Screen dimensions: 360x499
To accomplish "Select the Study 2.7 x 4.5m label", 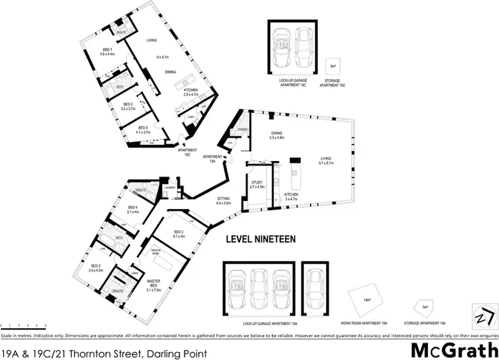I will point(257,184).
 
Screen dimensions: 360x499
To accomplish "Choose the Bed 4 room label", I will point(132,210).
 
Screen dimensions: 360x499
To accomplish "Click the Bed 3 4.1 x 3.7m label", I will point(142,130).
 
